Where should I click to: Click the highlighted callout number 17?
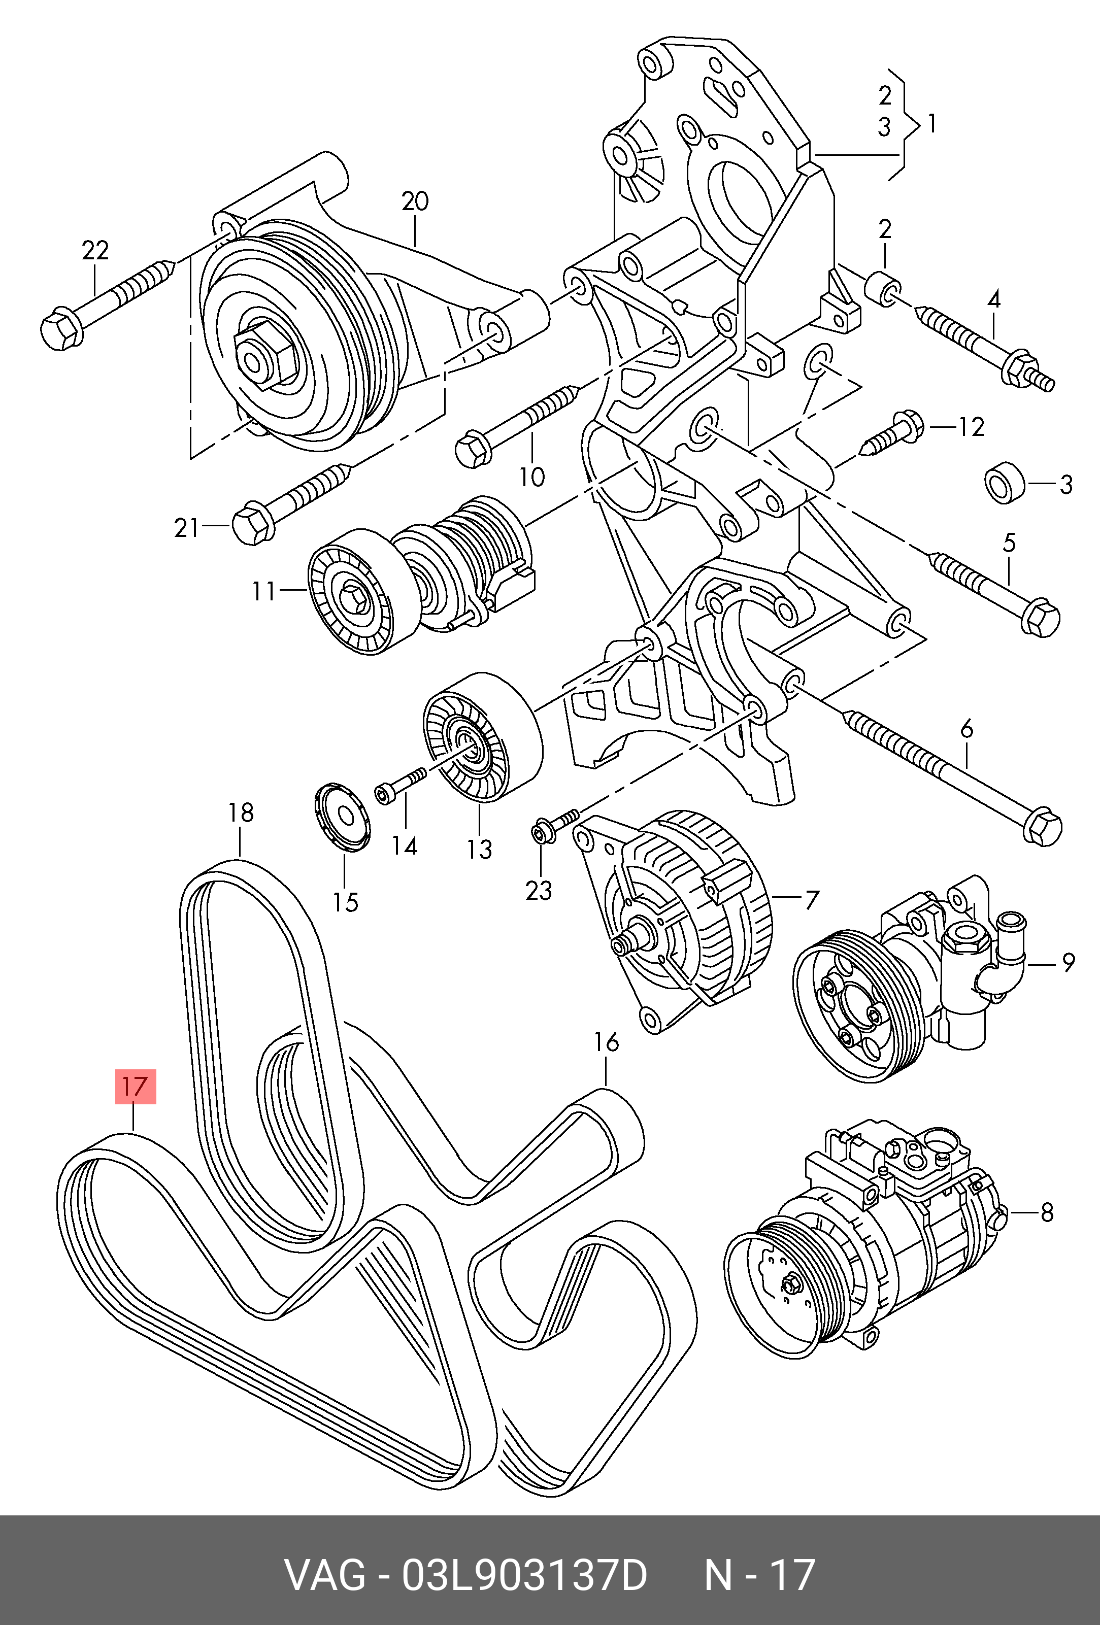(135, 1086)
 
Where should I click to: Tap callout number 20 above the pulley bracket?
(415, 201)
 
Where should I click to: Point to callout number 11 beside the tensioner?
(263, 592)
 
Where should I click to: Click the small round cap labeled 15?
(342, 819)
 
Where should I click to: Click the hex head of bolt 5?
(1041, 617)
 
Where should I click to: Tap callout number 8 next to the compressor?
(1047, 1213)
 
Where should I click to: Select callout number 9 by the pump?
(1068, 964)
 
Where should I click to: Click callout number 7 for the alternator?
(811, 899)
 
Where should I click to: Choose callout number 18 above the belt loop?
(241, 813)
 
